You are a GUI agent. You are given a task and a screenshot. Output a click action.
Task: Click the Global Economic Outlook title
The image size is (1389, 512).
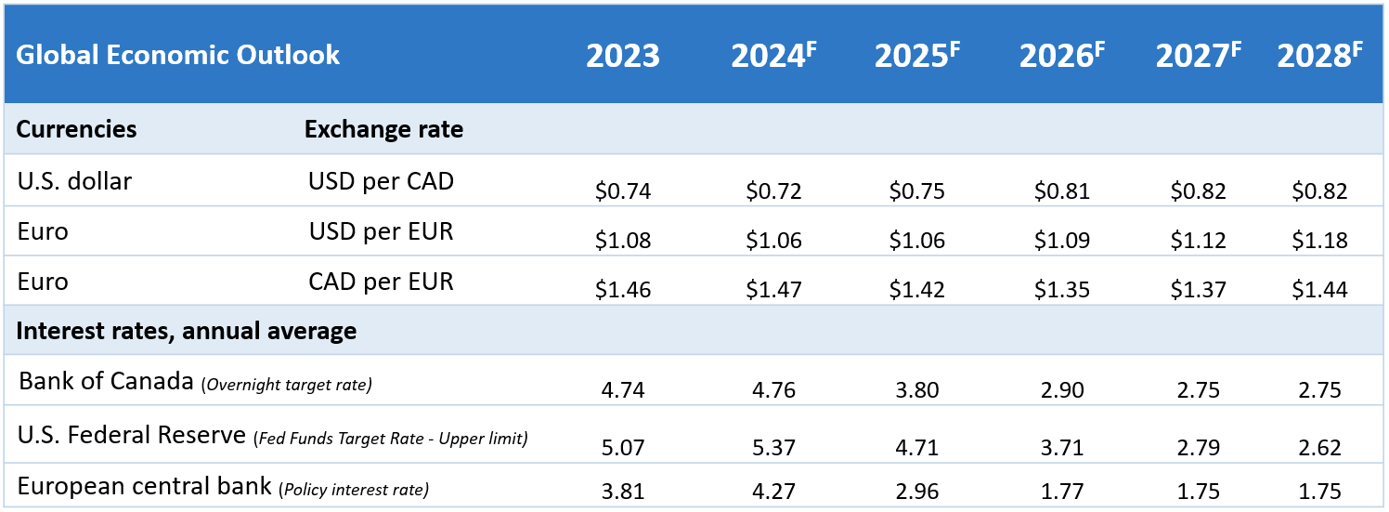(178, 55)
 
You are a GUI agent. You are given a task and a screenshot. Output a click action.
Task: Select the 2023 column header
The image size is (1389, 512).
(622, 56)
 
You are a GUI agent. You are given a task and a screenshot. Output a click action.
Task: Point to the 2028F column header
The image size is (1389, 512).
(1319, 56)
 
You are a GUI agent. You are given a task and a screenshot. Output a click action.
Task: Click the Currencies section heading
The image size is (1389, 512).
(77, 129)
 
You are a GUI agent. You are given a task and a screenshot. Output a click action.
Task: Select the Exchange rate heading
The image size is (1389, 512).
(383, 129)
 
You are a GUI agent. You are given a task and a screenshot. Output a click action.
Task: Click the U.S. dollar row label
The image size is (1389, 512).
(74, 181)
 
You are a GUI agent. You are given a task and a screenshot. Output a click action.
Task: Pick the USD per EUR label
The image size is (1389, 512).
(381, 231)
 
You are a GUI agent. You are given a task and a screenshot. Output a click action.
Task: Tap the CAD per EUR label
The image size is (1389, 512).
(381, 282)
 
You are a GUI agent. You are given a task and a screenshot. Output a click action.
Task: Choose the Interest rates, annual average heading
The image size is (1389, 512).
(187, 331)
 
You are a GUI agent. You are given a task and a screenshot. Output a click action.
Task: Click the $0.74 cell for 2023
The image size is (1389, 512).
(623, 191)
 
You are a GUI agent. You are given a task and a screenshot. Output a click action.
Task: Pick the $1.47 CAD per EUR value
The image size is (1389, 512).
(773, 290)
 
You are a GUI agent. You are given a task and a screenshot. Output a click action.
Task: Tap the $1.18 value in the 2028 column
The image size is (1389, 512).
(1319, 241)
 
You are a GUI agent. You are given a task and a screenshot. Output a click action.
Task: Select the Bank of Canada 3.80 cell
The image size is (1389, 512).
(916, 390)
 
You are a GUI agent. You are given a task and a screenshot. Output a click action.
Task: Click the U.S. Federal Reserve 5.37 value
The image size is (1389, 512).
(773, 448)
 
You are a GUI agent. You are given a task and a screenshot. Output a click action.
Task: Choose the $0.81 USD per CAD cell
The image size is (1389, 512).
(1061, 191)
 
